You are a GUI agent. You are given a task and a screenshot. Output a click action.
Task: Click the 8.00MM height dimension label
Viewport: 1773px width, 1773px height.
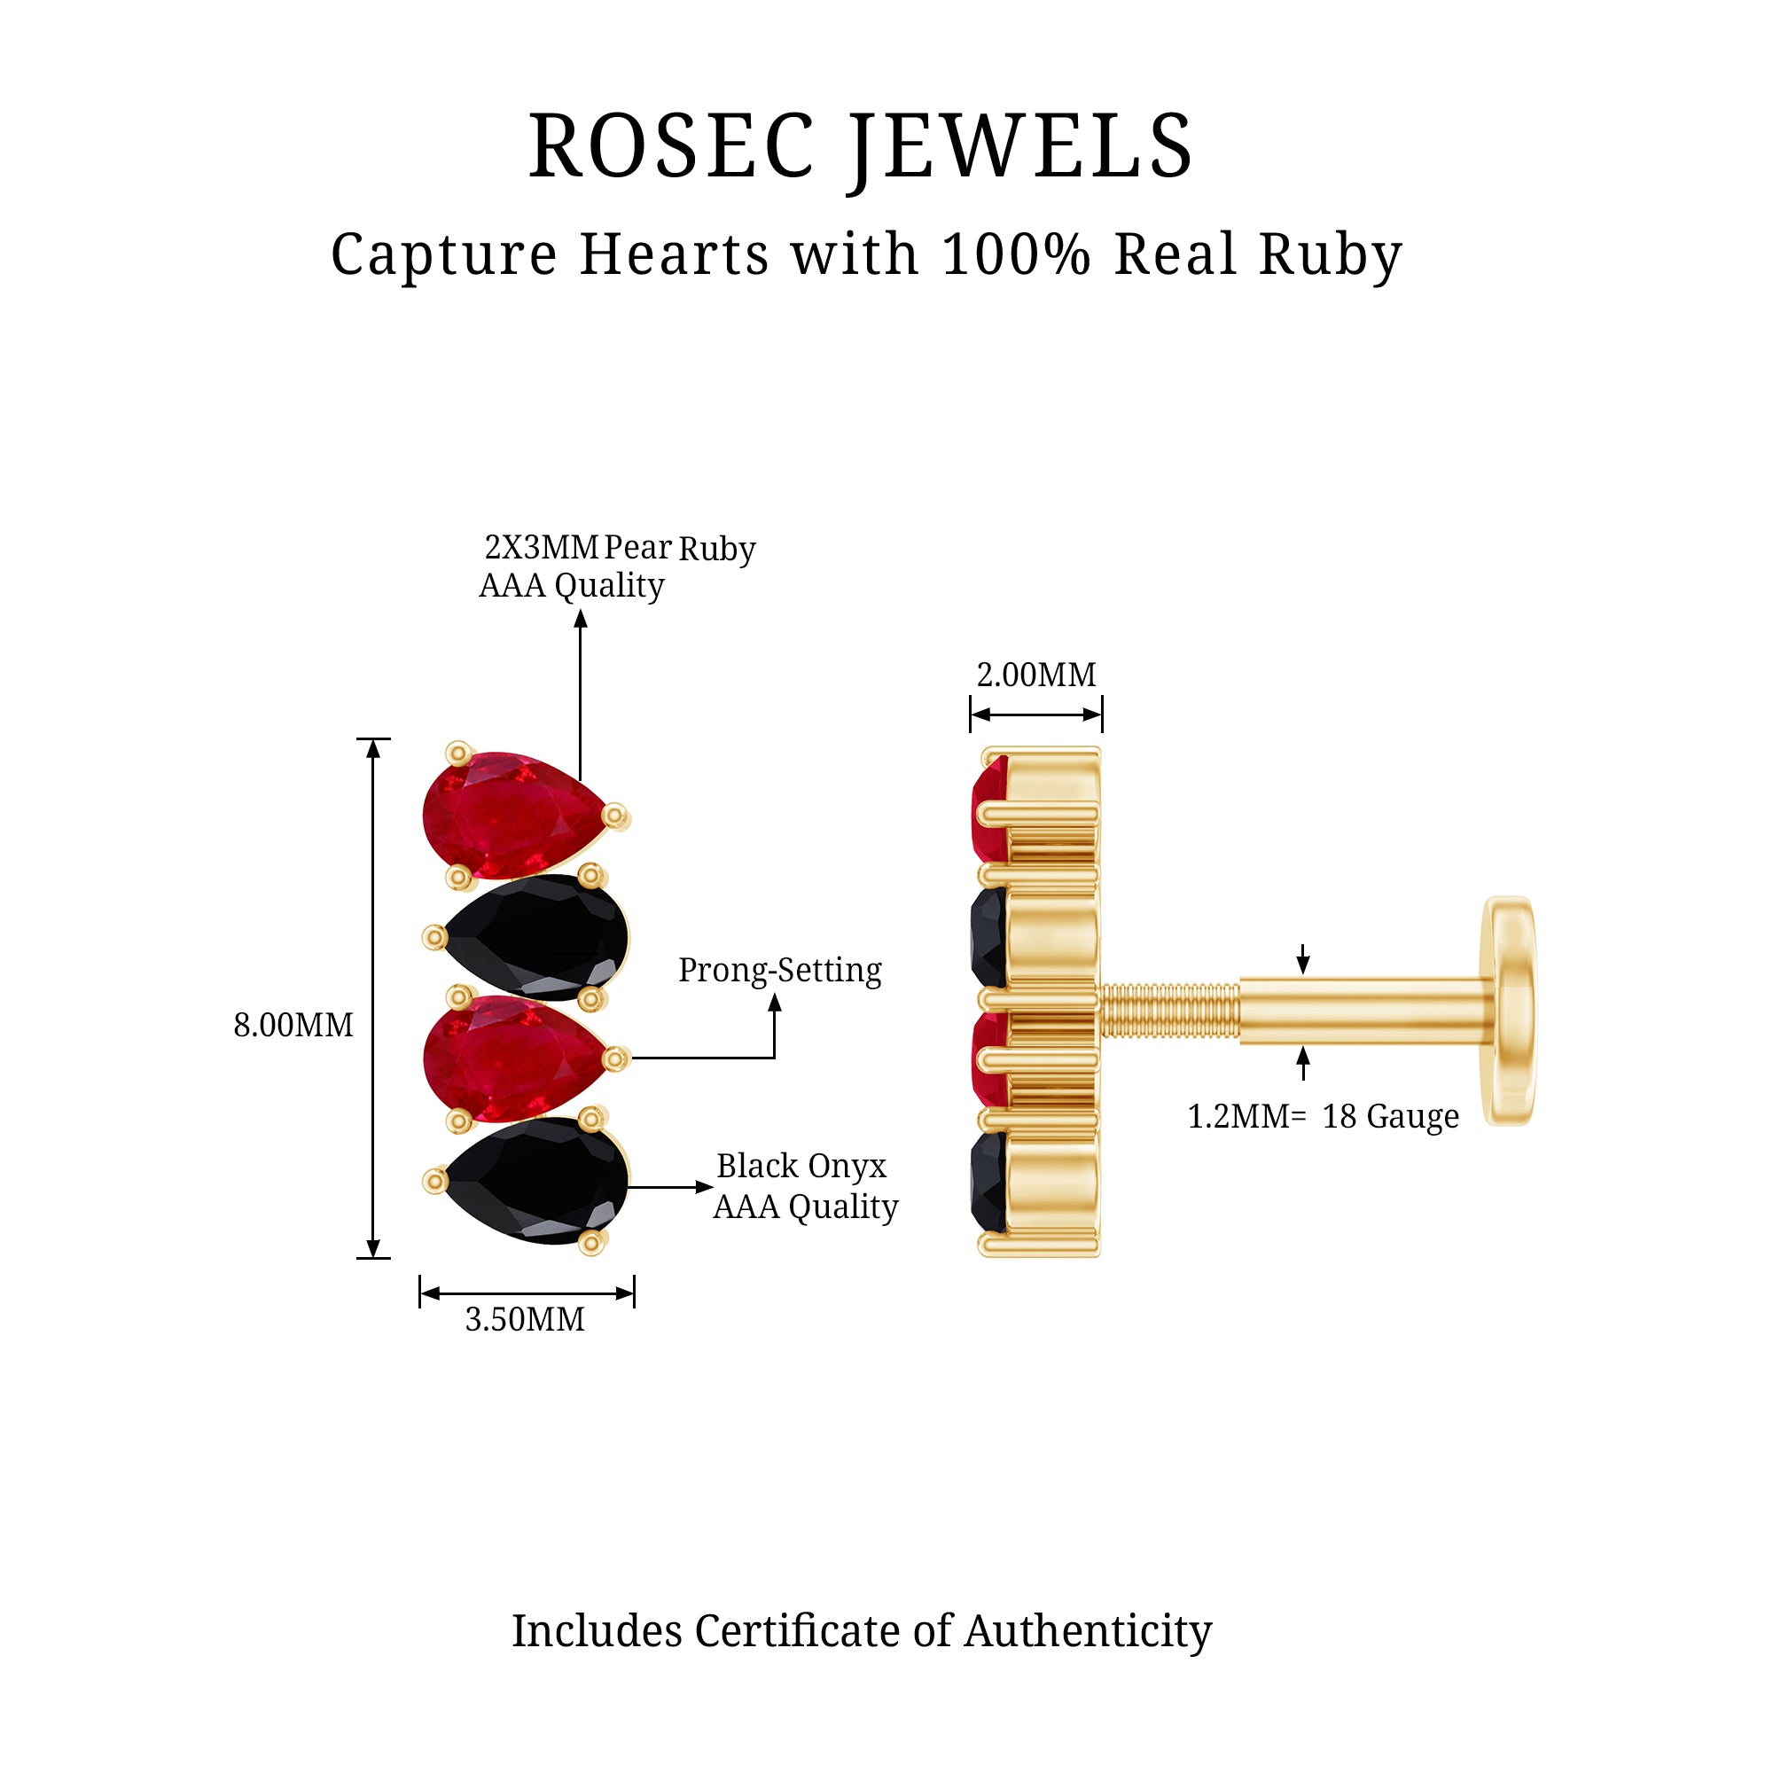293,1025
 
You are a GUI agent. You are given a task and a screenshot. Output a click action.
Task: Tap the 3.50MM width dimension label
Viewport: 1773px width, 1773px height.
524,1320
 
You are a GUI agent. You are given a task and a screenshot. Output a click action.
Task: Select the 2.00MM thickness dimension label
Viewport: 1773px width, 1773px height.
1036,675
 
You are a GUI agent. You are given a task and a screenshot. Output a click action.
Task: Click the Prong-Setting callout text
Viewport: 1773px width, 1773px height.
779,970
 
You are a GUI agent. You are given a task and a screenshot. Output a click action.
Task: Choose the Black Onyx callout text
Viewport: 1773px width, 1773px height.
801,1167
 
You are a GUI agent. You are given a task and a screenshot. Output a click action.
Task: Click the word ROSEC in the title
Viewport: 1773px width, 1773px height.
671,147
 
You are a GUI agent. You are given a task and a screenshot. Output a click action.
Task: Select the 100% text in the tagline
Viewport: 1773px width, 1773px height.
1016,254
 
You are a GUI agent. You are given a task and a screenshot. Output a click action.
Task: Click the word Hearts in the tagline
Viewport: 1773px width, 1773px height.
676,254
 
